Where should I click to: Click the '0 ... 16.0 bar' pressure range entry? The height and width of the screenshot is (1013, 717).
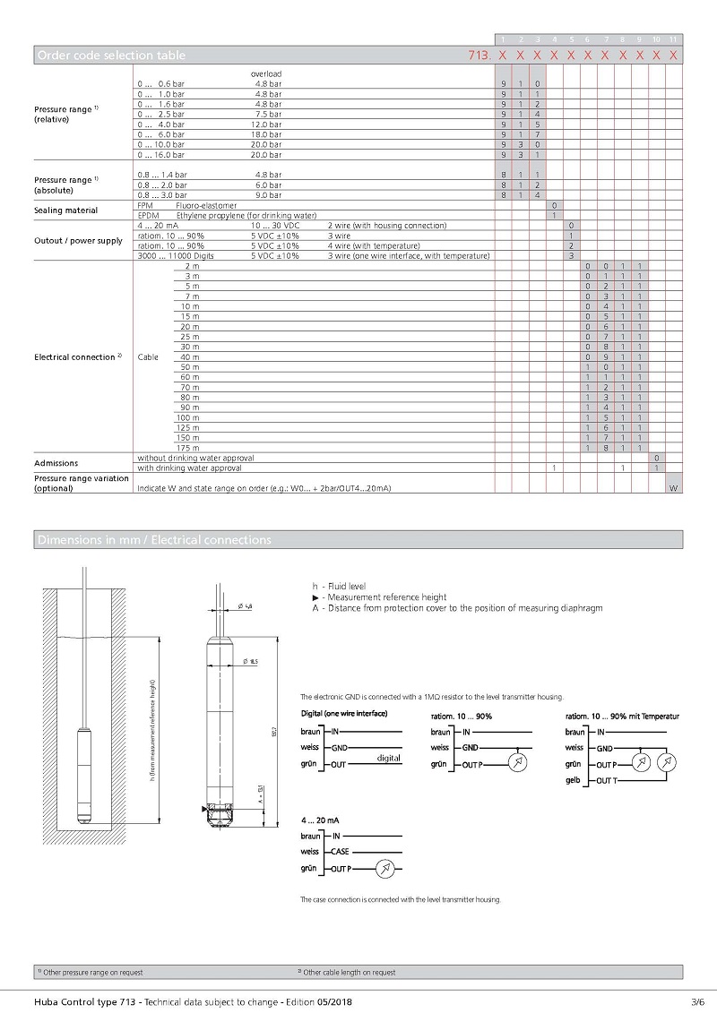pos(161,154)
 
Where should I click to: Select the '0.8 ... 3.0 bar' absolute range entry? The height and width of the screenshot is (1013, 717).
pos(161,194)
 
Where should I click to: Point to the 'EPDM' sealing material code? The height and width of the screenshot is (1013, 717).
pos(147,215)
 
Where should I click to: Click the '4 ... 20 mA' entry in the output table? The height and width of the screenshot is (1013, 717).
pos(158,225)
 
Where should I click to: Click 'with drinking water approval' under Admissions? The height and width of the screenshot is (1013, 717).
pos(189,468)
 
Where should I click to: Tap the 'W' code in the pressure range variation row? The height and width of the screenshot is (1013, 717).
pos(674,488)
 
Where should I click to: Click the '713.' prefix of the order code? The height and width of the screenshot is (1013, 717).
pos(480,56)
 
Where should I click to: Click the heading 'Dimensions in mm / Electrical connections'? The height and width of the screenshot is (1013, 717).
pos(153,540)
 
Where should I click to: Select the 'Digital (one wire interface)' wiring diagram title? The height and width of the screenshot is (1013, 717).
pos(344,714)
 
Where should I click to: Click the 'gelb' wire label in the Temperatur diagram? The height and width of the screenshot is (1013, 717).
pos(574,780)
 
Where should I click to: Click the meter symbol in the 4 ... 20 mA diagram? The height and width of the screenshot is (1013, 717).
pos(384,869)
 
